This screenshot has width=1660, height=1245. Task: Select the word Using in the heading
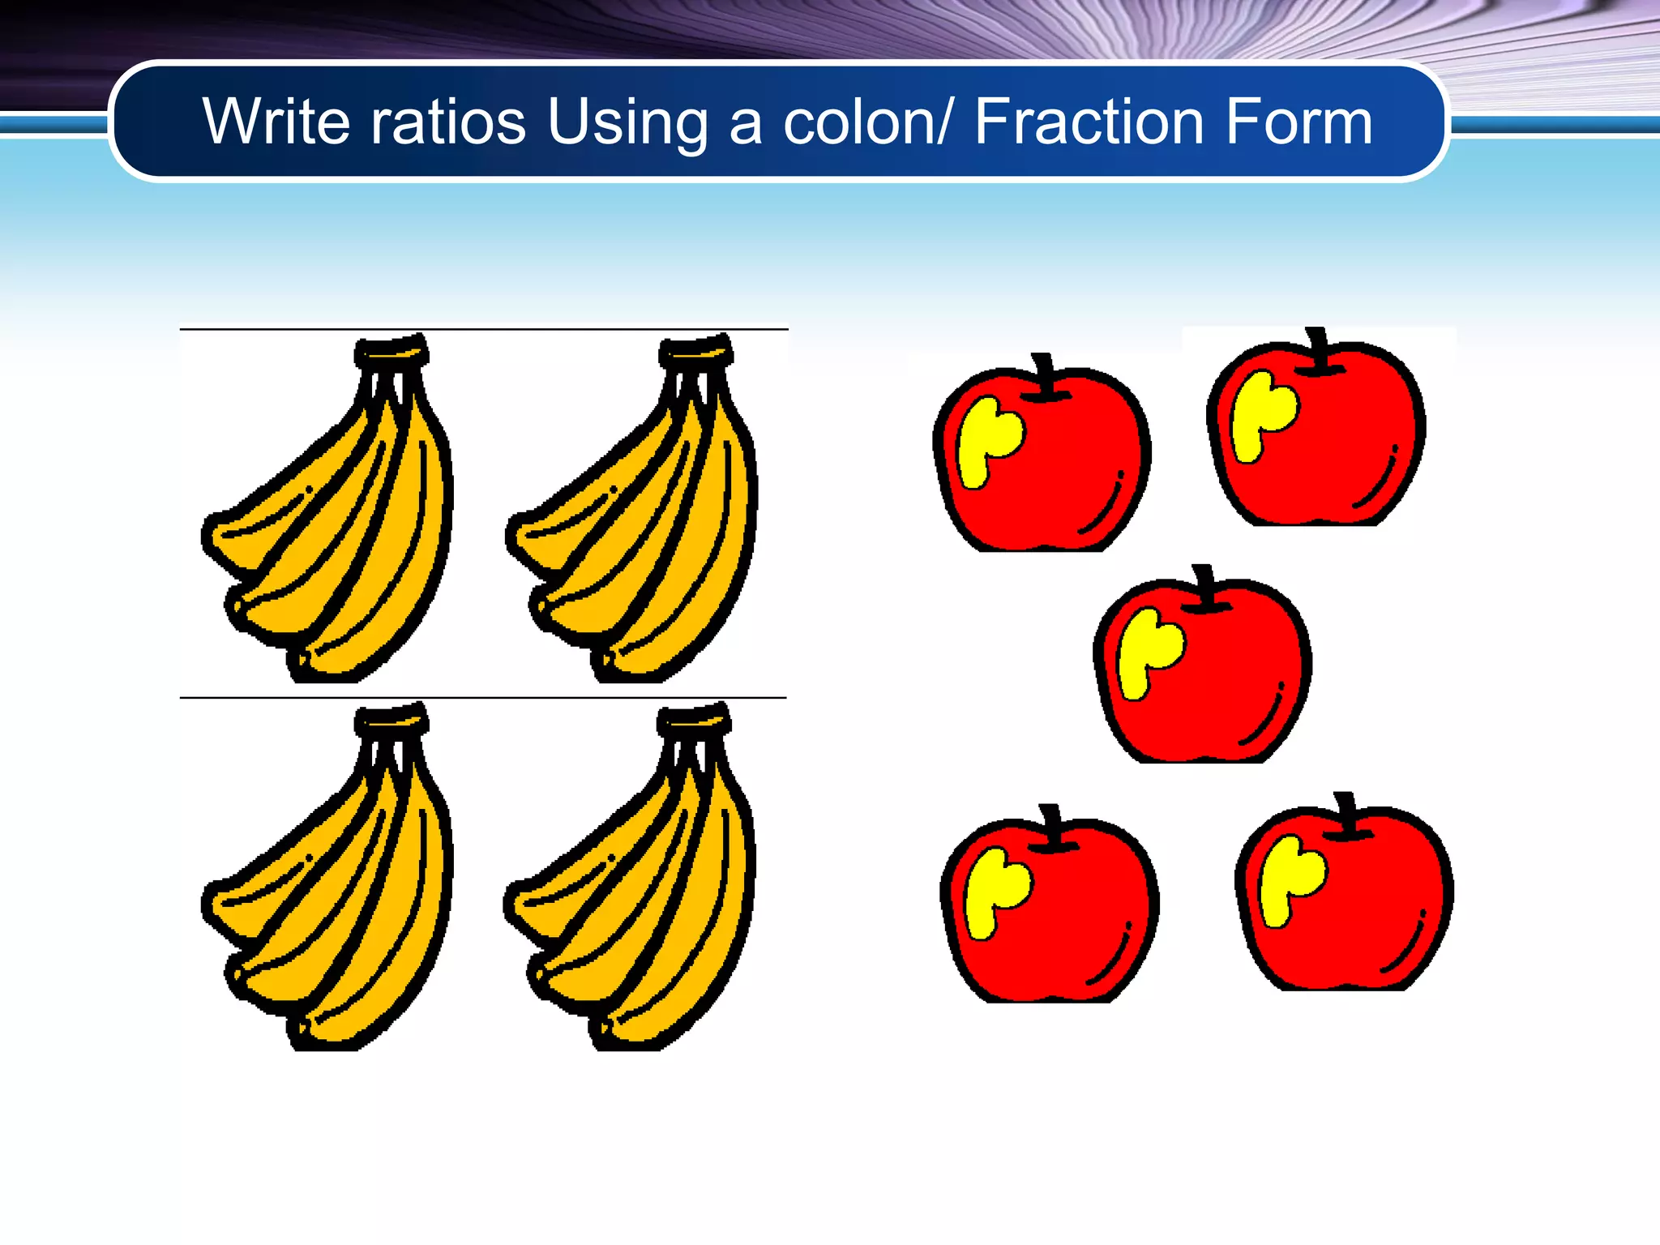(627, 123)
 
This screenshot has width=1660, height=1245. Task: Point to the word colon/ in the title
(867, 123)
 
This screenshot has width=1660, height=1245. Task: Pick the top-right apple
(1316, 438)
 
